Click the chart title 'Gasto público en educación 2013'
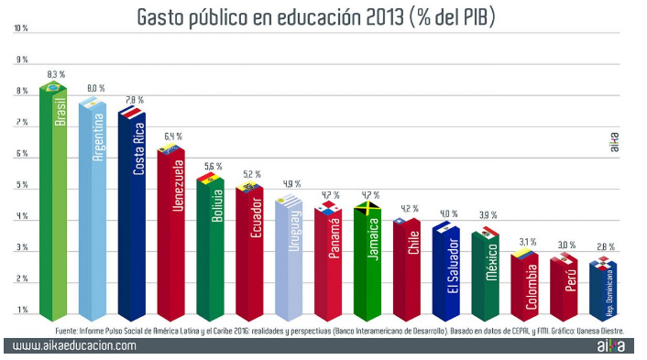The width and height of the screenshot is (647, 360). click(316, 16)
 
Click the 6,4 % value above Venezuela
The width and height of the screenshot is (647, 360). click(174, 136)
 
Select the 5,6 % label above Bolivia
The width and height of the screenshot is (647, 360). click(214, 167)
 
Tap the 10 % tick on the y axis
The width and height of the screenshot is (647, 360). click(20, 29)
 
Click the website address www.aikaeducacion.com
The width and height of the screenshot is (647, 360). click(74, 345)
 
